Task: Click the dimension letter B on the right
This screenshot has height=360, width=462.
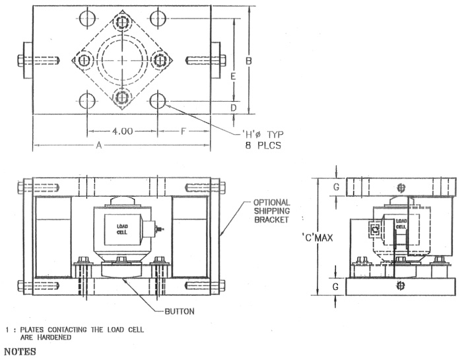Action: point(248,61)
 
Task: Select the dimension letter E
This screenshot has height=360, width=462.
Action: point(233,77)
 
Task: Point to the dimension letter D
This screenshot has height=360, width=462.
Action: point(233,108)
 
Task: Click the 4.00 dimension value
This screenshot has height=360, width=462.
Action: point(122,131)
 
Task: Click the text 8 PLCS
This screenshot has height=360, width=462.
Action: point(262,143)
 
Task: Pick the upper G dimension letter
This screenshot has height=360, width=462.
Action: point(336,187)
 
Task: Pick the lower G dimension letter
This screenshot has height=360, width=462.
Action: point(336,287)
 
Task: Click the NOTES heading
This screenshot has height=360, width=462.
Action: point(22,353)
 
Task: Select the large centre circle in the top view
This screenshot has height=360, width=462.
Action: point(121,61)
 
